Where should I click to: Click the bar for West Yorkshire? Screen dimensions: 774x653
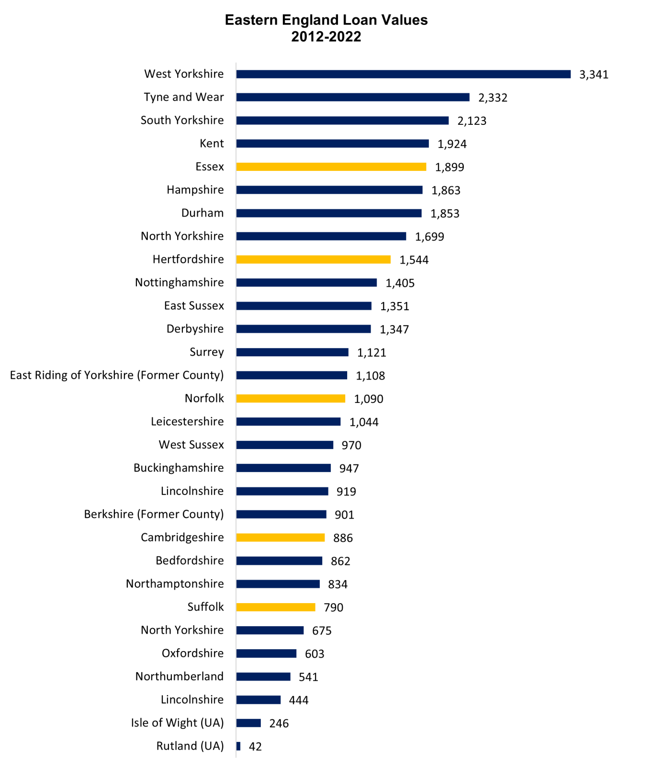click(x=403, y=74)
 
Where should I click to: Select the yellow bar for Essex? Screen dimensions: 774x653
click(x=331, y=167)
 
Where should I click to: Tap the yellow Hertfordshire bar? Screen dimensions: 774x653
click(x=313, y=259)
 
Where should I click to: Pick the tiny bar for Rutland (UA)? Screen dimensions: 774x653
click(x=238, y=746)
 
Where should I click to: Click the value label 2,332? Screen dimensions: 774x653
click(x=493, y=97)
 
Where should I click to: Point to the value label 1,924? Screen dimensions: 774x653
click(x=452, y=144)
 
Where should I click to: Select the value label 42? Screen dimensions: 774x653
click(x=255, y=747)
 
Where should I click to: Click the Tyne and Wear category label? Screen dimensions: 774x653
click(x=183, y=97)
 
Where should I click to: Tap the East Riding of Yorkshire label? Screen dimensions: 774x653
click(x=117, y=375)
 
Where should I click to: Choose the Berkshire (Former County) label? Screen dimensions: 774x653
click(x=154, y=514)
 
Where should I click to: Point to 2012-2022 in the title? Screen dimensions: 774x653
click(x=326, y=37)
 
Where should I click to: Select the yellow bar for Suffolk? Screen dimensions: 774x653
click(x=276, y=607)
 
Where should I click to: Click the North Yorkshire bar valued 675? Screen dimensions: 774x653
click(x=270, y=630)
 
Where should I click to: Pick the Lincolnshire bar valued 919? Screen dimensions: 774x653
click(x=282, y=491)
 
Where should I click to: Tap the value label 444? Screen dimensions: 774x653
click(x=298, y=700)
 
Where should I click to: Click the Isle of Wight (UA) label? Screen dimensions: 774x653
click(x=177, y=723)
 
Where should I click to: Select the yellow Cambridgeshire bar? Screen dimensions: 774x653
click(x=280, y=537)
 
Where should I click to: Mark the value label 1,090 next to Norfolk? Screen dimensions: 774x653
click(x=368, y=399)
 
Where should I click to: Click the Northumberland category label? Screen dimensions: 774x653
click(x=179, y=676)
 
